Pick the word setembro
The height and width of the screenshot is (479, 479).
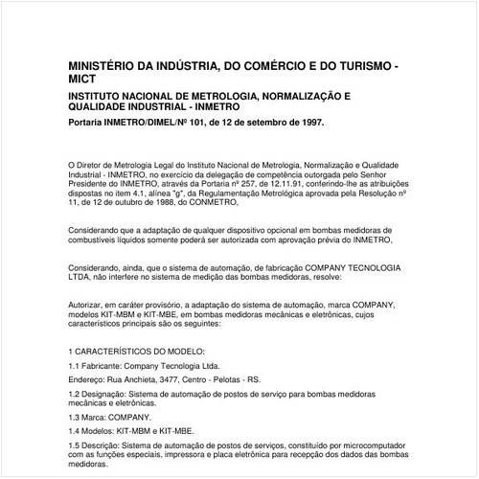[x=260, y=125]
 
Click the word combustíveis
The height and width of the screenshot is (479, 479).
[x=95, y=241]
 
